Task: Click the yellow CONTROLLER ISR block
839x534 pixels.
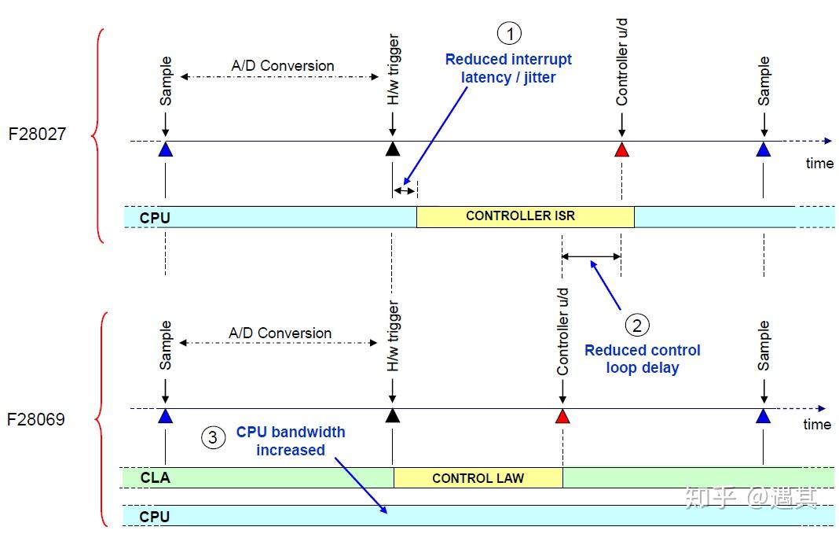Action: coord(526,216)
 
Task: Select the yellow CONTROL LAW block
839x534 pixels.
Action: coord(478,477)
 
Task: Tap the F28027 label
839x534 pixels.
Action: coord(38,134)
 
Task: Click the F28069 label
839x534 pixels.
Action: coord(36,419)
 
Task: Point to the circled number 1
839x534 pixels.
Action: coord(509,33)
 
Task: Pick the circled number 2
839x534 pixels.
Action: coord(637,325)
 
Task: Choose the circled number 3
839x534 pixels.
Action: coord(213,437)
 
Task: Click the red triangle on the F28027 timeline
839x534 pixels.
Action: coord(621,149)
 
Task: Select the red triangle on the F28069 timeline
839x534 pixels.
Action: coord(562,416)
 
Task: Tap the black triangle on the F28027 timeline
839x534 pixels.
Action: coord(393,149)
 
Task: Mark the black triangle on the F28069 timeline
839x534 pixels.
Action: coord(393,415)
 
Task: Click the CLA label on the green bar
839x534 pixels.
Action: coord(156,477)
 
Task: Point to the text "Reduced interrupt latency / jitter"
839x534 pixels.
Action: coord(508,68)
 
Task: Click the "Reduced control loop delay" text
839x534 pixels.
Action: coord(642,359)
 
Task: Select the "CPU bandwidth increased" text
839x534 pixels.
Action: coord(291,440)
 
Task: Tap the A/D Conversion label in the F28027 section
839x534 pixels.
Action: coord(283,66)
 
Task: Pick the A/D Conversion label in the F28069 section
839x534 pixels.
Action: coord(280,333)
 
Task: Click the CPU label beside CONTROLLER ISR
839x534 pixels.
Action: coord(155,218)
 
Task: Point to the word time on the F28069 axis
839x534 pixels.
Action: coord(817,424)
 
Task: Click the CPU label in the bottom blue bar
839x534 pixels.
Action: coord(154,517)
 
